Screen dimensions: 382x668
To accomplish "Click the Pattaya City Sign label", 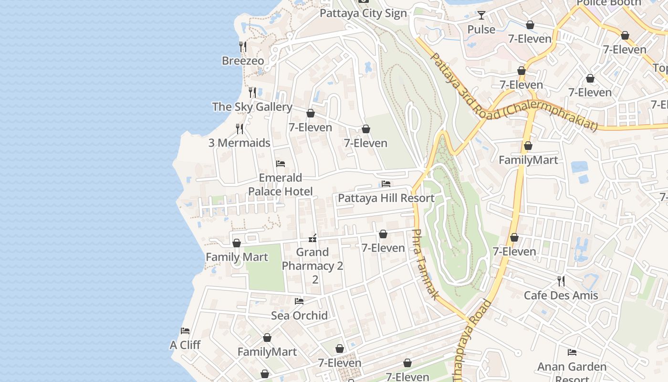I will coord(363,13).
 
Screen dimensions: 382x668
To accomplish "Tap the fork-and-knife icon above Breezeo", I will coord(243,46).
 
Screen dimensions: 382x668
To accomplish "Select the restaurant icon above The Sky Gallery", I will coord(252,92).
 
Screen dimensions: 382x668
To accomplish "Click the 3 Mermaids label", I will coord(239,143).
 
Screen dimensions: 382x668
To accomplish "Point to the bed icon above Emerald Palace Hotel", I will coord(281,164).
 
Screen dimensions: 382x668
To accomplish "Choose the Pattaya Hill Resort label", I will coord(386,198).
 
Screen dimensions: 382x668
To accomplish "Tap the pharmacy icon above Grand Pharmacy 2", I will coord(313,238).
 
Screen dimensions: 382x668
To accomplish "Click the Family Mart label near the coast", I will coord(237,257).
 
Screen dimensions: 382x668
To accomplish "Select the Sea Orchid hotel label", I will coord(299,316).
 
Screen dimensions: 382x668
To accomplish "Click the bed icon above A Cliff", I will coord(185,330).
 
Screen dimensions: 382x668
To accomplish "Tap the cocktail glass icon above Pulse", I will coord(481,15).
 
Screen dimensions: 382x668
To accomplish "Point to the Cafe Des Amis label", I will coord(561,296).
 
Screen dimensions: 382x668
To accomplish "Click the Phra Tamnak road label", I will coord(425,265).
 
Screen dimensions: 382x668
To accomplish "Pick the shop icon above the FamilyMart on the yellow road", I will coord(528,146).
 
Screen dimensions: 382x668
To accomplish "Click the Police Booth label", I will coord(608,3).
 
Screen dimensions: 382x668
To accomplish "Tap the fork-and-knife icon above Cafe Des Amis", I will coord(561,281).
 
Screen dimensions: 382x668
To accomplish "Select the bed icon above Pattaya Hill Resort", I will coord(386,184).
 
